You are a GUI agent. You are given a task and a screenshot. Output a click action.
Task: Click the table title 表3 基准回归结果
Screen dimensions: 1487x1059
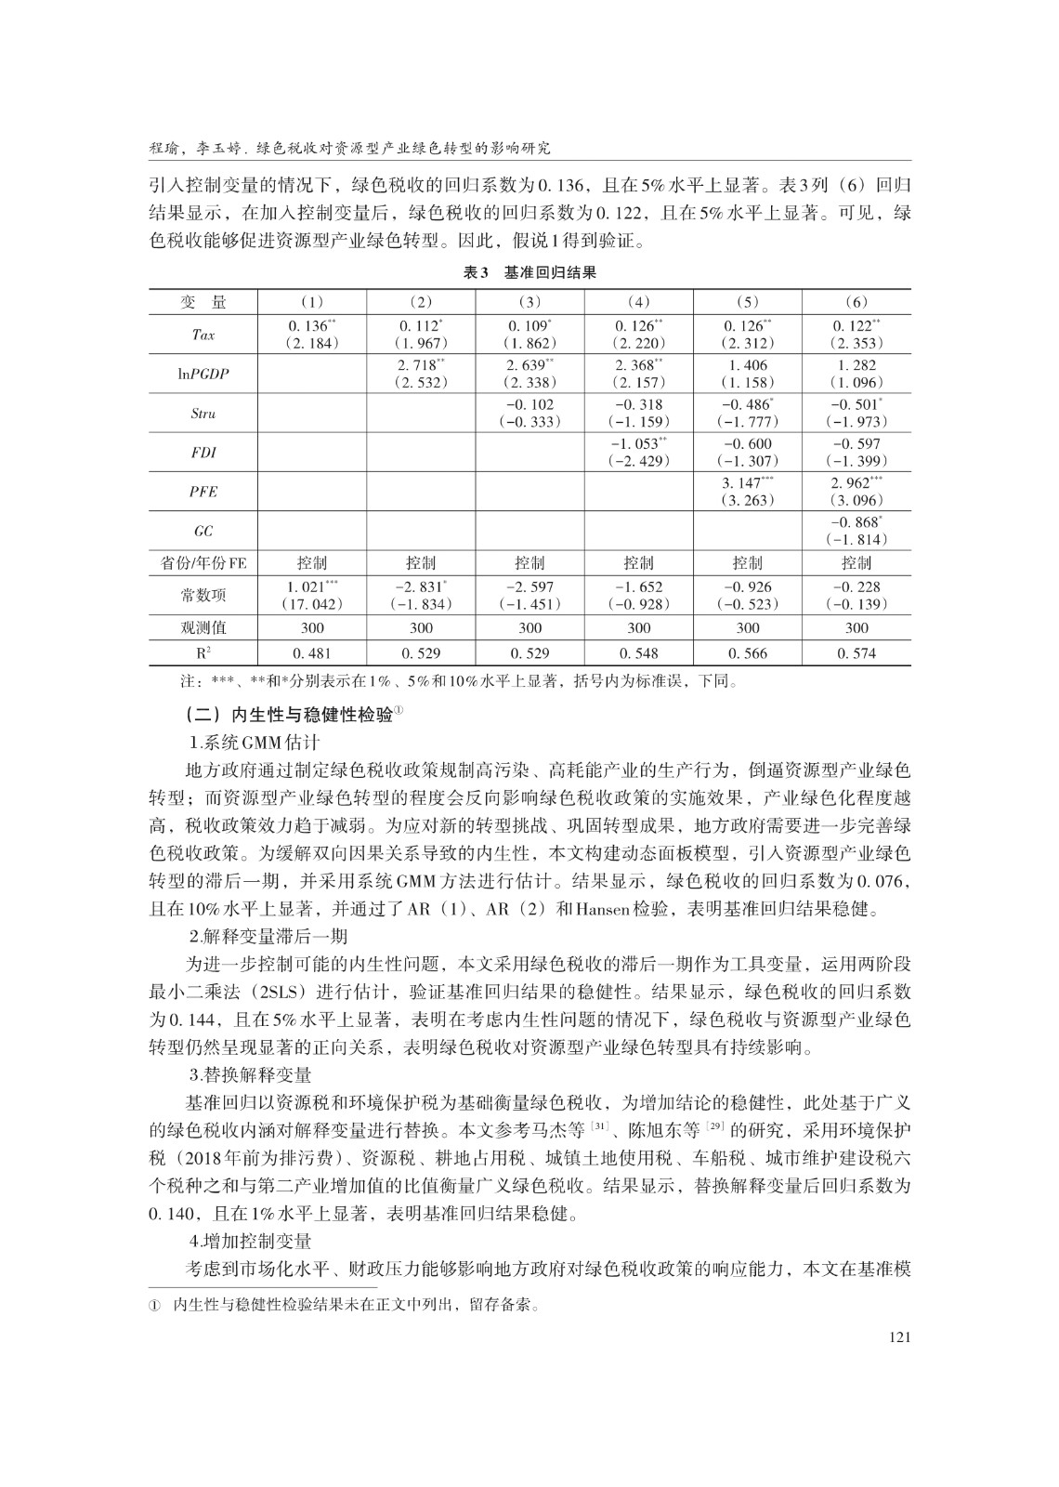pos(529,272)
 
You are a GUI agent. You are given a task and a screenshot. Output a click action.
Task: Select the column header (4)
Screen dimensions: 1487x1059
pos(638,302)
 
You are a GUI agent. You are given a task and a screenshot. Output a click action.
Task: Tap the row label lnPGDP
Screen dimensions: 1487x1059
pos(203,374)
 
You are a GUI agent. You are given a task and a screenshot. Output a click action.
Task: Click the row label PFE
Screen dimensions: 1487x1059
pos(203,492)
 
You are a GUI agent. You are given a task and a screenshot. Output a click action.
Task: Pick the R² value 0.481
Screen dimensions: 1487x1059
pos(312,653)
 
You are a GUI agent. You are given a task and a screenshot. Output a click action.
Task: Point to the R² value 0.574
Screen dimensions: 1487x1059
pos(856,653)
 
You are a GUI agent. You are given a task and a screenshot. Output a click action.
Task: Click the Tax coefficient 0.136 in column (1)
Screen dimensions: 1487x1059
pos(309,326)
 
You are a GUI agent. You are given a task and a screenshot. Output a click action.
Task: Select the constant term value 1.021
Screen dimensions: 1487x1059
pos(308,587)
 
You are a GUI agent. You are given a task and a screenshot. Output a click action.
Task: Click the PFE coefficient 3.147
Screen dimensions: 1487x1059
pos(744,483)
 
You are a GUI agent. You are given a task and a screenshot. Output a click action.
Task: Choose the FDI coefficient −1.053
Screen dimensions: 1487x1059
pos(635,444)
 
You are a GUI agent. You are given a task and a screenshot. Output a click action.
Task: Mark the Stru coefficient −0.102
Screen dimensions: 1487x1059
pos(529,405)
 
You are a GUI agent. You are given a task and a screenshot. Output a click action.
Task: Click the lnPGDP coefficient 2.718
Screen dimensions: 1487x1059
pos(418,366)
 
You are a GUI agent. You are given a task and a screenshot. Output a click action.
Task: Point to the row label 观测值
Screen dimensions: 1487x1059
pos(203,628)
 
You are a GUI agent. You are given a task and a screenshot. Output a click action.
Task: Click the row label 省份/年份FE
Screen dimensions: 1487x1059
pos(203,562)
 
